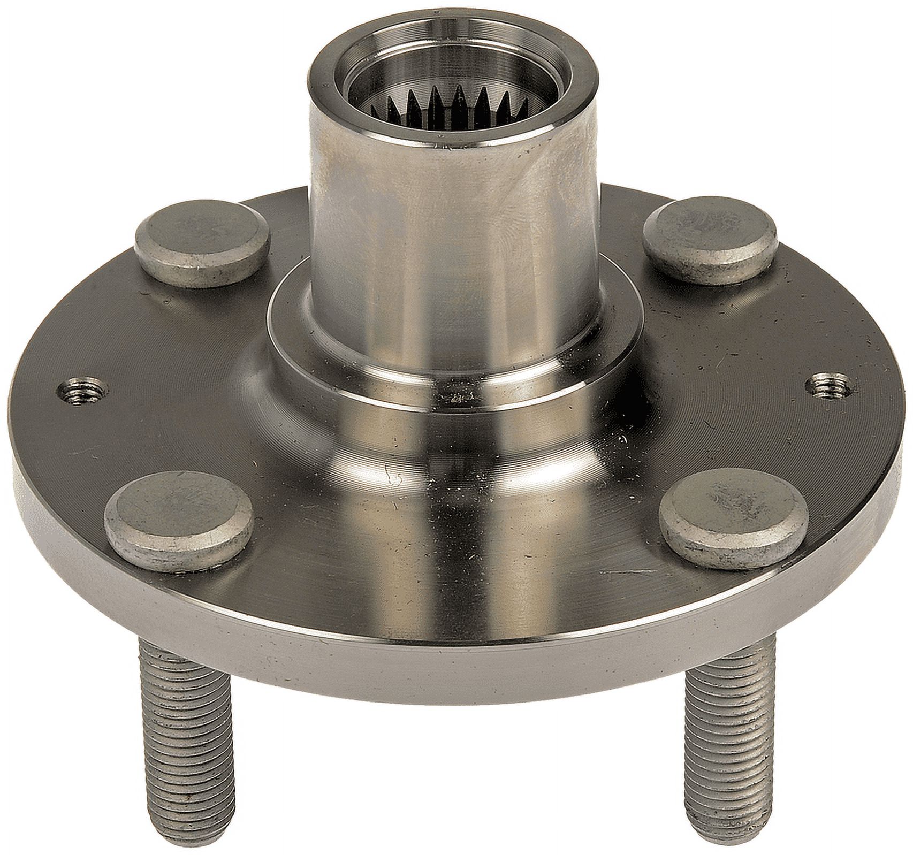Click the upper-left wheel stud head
click(202, 233)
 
